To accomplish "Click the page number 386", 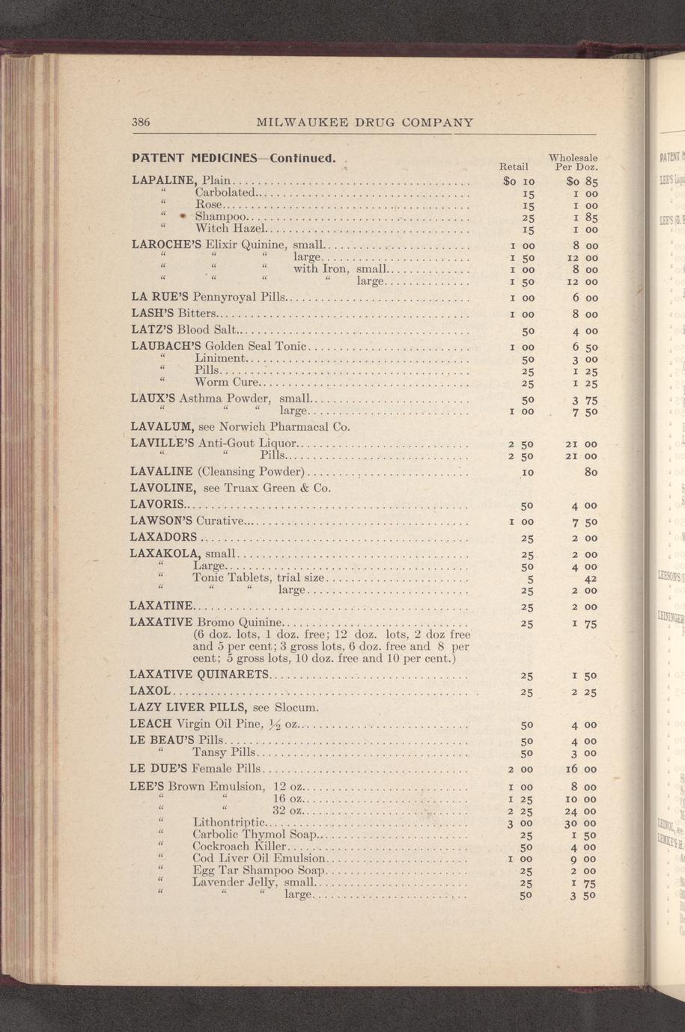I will click(141, 122).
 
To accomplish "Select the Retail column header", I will click(514, 168).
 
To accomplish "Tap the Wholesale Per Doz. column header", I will click(573, 163).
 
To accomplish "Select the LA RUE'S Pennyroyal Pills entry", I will click(208, 298).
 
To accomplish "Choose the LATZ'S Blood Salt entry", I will click(183, 330).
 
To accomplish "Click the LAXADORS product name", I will click(163, 537).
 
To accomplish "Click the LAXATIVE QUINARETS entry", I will click(198, 675).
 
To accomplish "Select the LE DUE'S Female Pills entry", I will click(195, 769).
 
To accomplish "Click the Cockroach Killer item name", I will click(239, 847).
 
